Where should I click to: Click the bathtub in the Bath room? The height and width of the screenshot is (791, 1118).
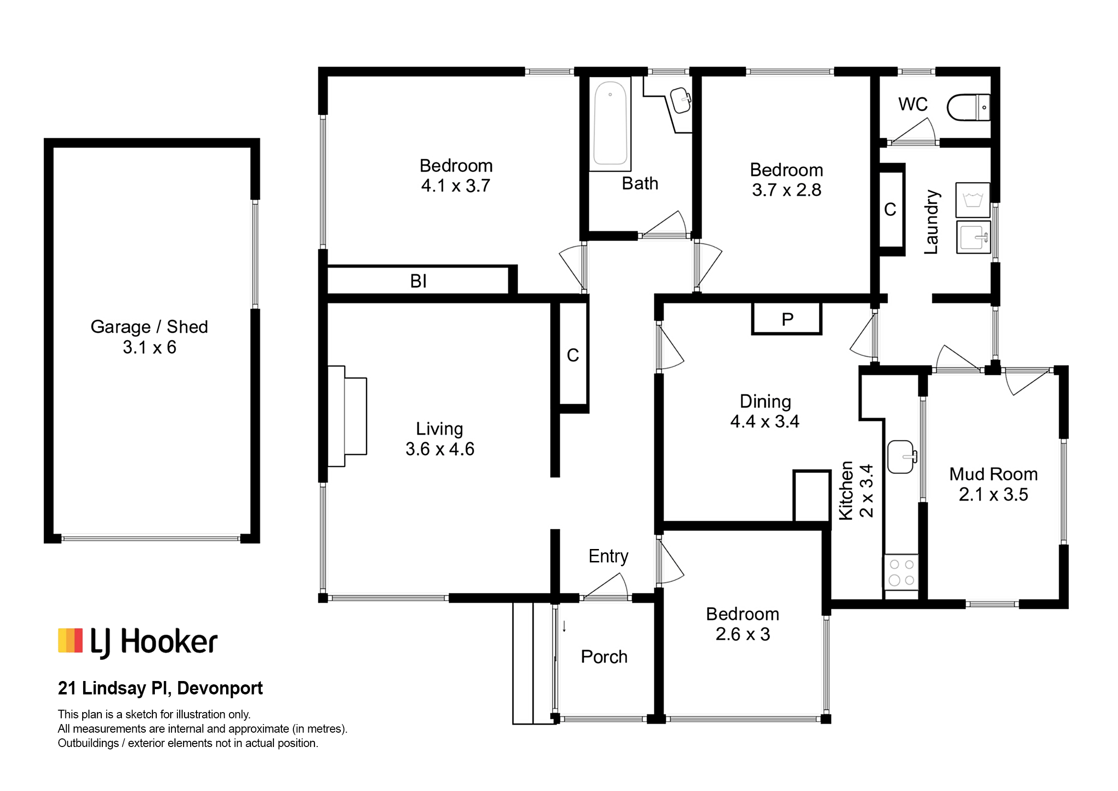pos(610,123)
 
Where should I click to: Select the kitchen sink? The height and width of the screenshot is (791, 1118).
pos(902,457)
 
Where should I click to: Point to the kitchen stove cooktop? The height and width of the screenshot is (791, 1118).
pos(901,572)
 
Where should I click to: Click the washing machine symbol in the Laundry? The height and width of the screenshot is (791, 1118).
pos(972,200)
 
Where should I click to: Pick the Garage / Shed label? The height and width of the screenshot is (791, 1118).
pos(150,327)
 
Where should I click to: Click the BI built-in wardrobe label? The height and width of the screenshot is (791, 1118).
pos(418,281)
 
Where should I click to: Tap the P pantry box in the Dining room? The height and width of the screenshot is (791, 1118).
pos(787,319)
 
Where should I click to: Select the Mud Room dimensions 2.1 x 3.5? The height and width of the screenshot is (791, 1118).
pos(993,494)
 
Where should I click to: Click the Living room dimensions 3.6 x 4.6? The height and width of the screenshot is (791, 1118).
pos(440,449)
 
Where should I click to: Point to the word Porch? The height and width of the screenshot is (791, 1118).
pos(604,657)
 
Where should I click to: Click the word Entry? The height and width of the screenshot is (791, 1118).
pos(608,556)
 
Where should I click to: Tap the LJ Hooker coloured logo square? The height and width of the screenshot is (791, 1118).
pos(70,640)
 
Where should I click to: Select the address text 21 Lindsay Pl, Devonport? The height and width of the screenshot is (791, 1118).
pos(160,688)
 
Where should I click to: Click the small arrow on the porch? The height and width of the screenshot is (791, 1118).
pos(564,626)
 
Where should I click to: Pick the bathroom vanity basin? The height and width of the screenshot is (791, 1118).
pos(680,100)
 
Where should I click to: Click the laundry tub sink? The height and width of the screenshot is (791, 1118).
pos(973,237)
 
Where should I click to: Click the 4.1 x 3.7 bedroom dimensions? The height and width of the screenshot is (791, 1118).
pos(456,186)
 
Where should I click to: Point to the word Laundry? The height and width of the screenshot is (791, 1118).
pos(931,222)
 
